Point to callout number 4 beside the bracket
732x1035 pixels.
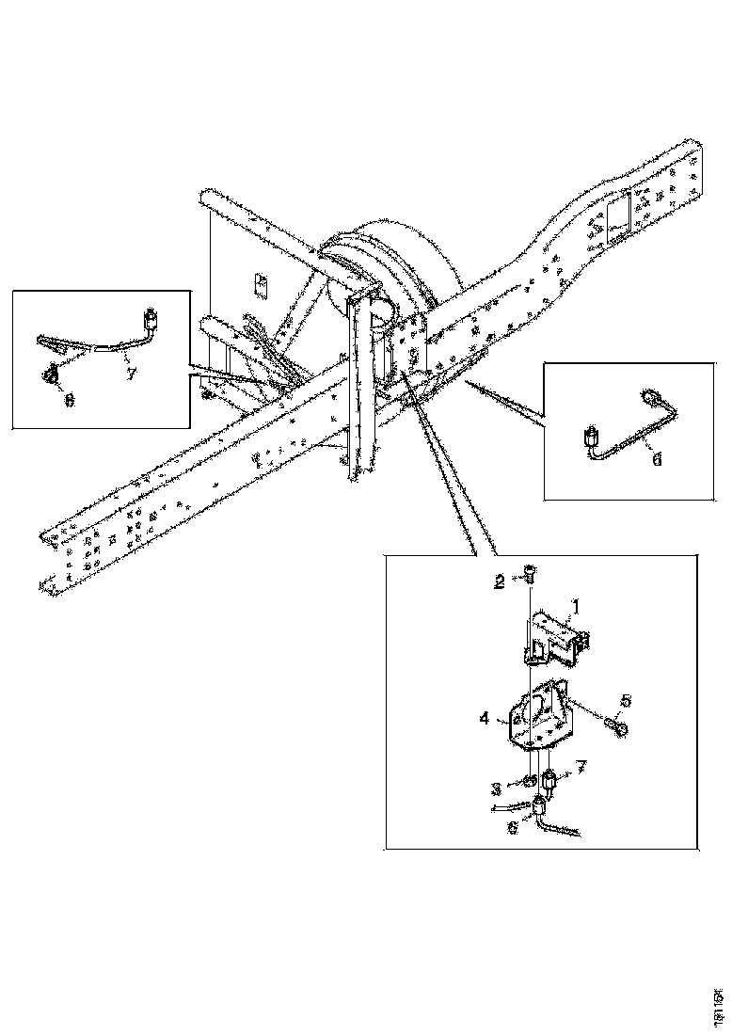coord(485,718)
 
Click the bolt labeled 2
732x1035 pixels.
coord(530,572)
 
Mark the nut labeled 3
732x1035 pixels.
coord(532,780)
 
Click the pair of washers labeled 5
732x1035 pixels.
coord(617,725)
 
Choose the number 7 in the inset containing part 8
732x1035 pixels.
coord(131,374)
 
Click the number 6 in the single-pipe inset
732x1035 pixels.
coord(656,458)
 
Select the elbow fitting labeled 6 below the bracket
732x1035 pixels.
coord(543,805)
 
